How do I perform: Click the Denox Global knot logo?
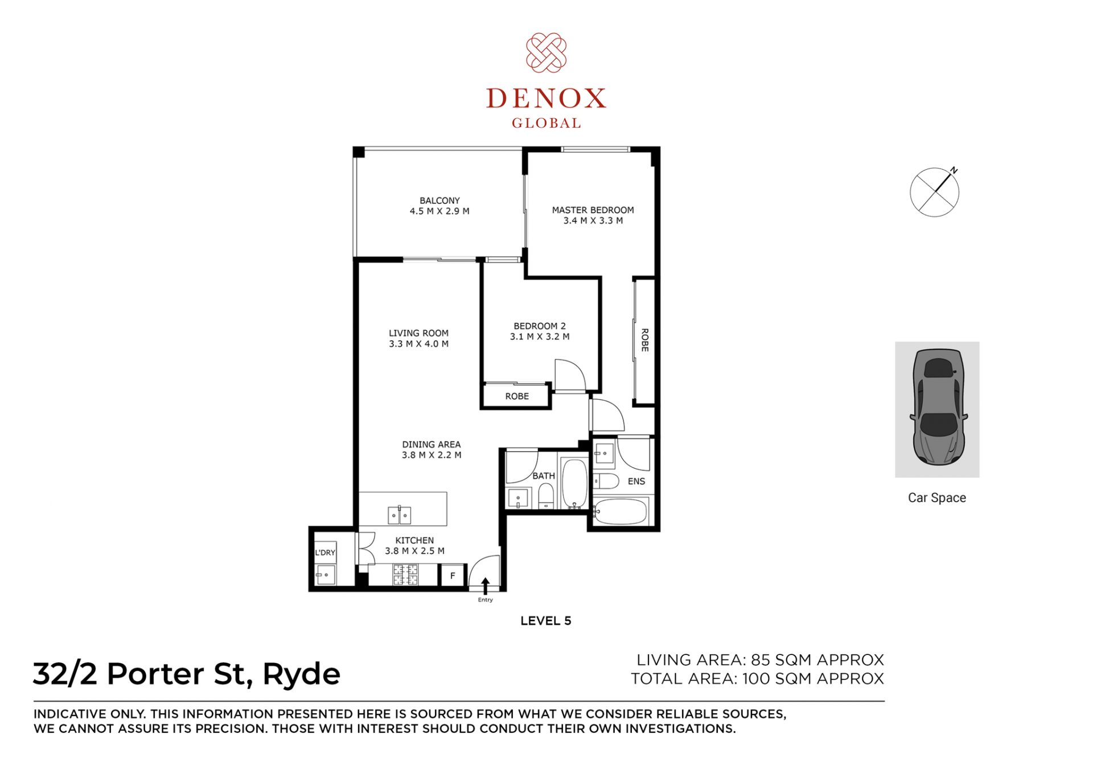pos(546,53)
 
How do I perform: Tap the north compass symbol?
pos(935,191)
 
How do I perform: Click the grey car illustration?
pos(938,407)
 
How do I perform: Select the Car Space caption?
pos(937,498)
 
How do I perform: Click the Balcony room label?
pos(439,200)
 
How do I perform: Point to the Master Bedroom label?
pos(593,210)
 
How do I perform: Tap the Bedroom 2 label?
pos(540,326)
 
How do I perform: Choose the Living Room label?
pos(418,333)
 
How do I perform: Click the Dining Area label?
pos(431,444)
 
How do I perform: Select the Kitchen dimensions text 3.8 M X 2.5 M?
pos(414,551)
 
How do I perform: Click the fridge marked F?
pos(453,575)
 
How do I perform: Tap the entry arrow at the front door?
pos(486,586)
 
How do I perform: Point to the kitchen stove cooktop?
pos(405,575)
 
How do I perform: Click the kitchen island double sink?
pos(399,514)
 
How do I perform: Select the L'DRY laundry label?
pos(325,552)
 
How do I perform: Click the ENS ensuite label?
pos(636,481)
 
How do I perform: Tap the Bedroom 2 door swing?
pos(570,375)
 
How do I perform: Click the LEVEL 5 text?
pos(545,621)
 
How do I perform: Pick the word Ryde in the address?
pos(301,675)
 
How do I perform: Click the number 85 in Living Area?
pos(761,660)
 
